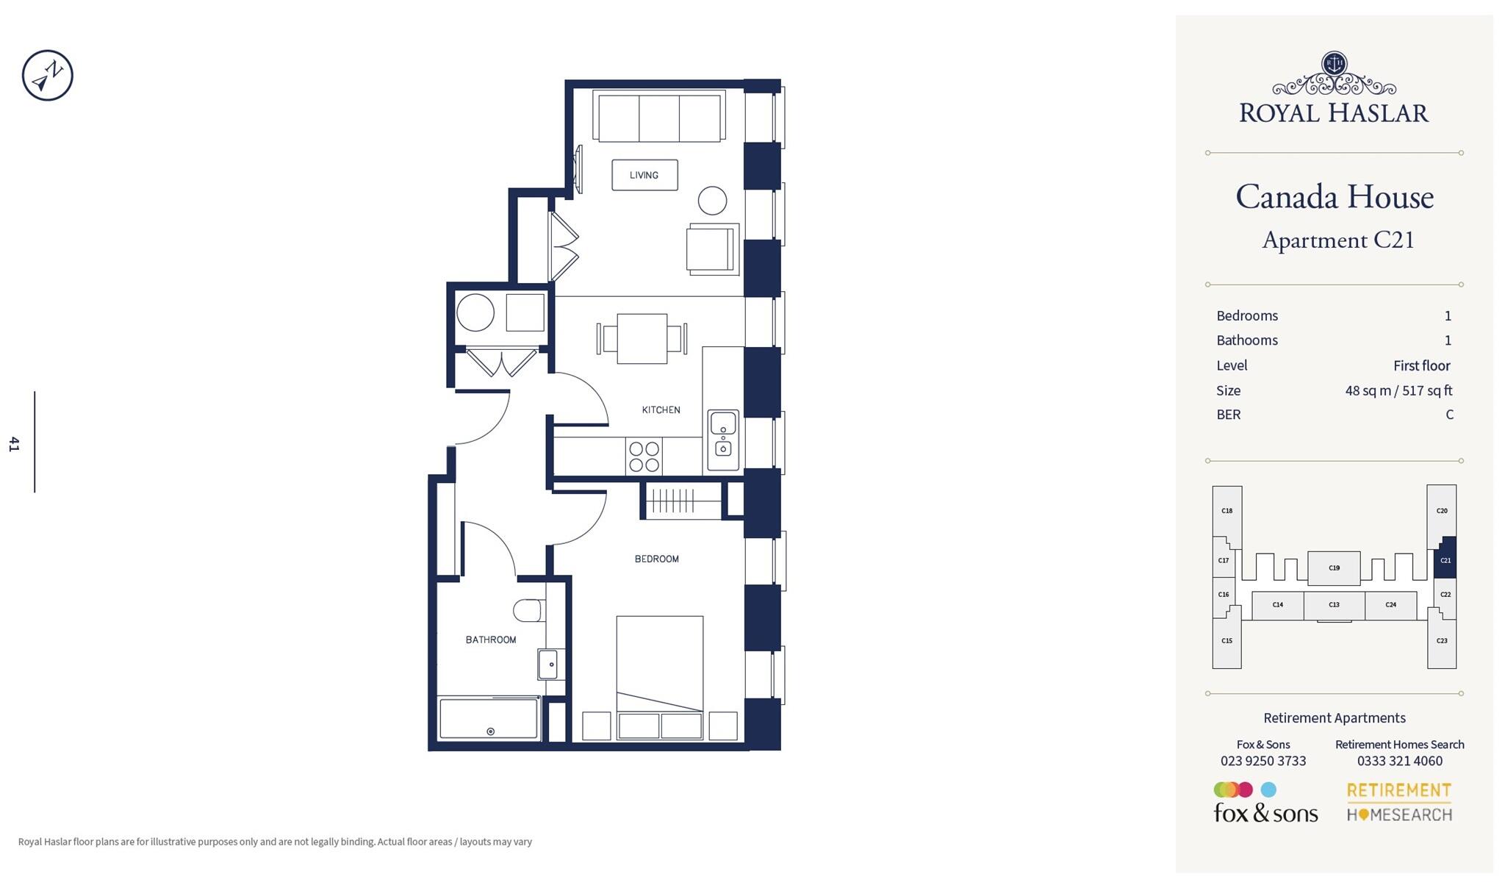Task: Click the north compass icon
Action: click(x=48, y=76)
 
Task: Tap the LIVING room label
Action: click(x=644, y=175)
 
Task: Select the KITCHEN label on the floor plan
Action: click(x=661, y=409)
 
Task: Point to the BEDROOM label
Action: click(x=656, y=559)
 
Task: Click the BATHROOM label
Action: click(x=491, y=640)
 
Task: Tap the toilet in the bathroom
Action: click(x=528, y=610)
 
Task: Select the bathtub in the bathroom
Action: click(x=489, y=718)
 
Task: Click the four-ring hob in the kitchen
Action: click(x=644, y=456)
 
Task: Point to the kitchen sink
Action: click(x=723, y=440)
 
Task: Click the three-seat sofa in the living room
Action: click(x=658, y=118)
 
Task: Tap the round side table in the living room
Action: click(x=712, y=200)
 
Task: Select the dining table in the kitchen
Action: click(x=642, y=339)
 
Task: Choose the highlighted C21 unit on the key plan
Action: click(x=1445, y=560)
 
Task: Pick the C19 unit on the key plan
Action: click(x=1334, y=567)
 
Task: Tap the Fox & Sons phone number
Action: click(x=1263, y=761)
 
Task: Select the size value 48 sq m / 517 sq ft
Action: click(x=1398, y=390)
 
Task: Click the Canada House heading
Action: click(x=1335, y=197)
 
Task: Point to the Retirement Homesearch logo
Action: click(x=1399, y=802)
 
